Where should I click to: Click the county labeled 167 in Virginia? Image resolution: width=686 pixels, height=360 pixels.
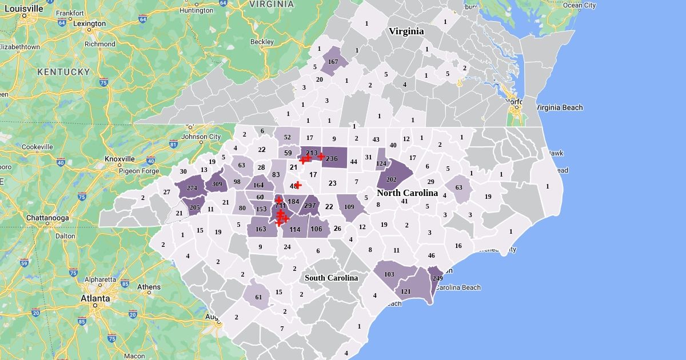click(x=333, y=62)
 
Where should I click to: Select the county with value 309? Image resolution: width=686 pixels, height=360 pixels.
click(x=217, y=184)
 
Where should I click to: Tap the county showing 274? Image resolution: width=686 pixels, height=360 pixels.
click(x=192, y=188)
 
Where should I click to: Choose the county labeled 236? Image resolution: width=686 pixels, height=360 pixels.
click(x=332, y=158)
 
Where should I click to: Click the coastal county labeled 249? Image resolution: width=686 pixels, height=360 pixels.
click(x=436, y=278)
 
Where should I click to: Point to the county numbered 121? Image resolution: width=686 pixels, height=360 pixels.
click(x=406, y=291)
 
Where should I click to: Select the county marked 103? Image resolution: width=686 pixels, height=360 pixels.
click(x=389, y=274)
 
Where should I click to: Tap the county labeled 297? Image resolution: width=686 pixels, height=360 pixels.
click(x=310, y=206)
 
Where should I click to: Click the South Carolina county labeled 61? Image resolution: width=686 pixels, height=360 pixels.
click(x=258, y=297)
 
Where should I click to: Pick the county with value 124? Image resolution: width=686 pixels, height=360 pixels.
click(x=381, y=164)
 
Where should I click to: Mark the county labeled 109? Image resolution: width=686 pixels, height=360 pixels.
click(x=349, y=207)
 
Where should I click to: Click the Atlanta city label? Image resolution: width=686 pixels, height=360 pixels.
click(x=95, y=298)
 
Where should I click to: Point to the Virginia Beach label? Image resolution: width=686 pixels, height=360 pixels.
click(x=559, y=107)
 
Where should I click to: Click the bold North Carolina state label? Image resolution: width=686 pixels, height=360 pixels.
click(x=407, y=193)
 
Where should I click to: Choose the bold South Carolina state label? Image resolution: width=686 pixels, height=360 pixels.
click(x=331, y=278)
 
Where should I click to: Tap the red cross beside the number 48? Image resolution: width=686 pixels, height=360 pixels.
click(x=298, y=185)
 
